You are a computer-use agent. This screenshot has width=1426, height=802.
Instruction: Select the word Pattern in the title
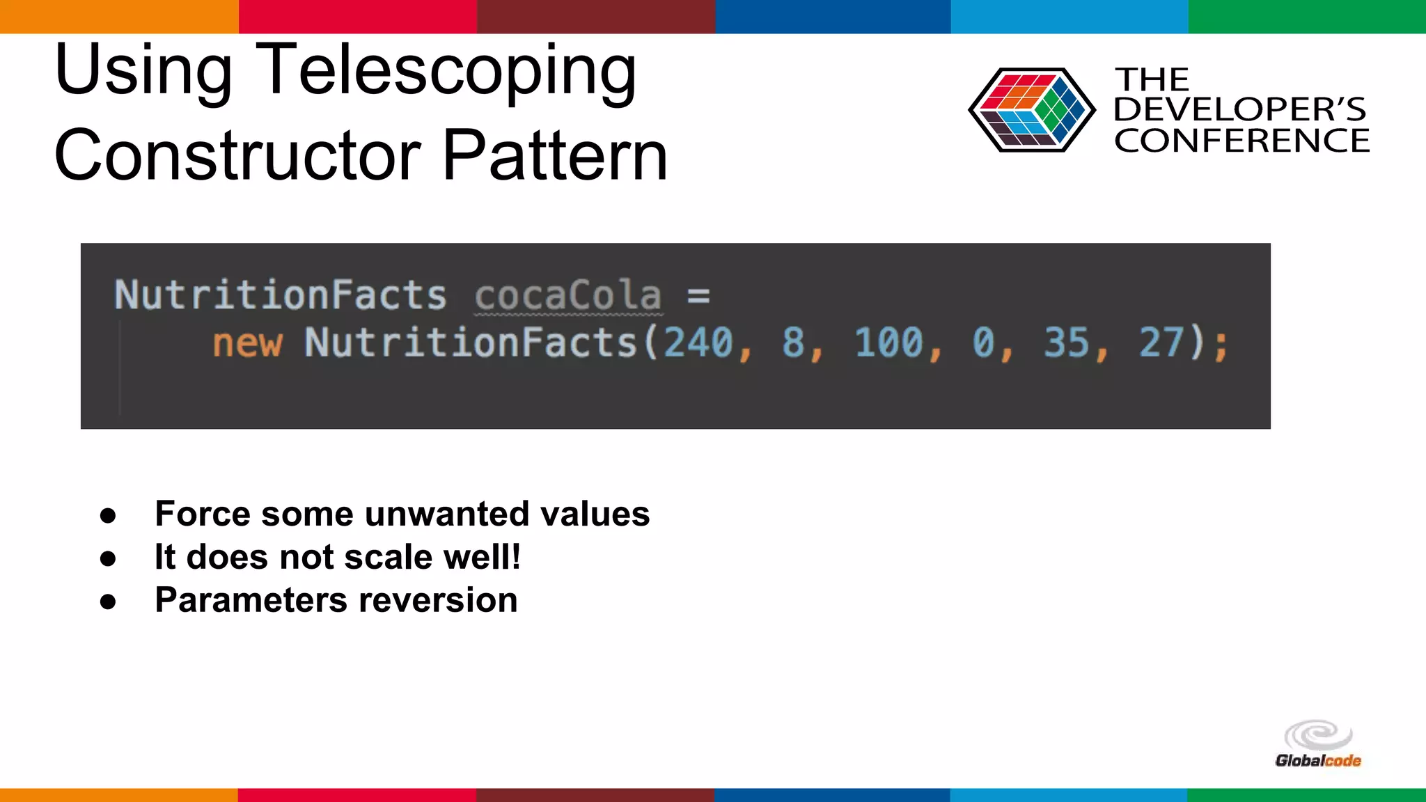(555, 156)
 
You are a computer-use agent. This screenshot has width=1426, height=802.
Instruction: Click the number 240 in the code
(698, 343)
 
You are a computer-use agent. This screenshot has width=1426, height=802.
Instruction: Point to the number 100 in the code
(888, 343)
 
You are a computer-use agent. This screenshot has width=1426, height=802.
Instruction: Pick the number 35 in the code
(1066, 343)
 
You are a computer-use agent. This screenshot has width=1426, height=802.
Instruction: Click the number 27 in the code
(1161, 343)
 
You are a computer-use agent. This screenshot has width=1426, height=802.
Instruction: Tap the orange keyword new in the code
(247, 344)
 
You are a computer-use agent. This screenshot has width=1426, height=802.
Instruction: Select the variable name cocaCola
(567, 295)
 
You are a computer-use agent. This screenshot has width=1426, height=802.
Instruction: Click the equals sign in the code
(698, 297)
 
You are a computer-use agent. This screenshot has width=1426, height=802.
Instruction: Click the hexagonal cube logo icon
(1031, 110)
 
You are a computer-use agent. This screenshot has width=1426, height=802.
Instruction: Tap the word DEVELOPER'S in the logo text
(1239, 110)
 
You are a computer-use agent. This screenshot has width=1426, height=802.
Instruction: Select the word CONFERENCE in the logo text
(1241, 141)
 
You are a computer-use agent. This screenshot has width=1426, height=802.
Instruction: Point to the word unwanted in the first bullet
(448, 514)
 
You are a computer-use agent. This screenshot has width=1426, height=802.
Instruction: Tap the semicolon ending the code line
(1220, 345)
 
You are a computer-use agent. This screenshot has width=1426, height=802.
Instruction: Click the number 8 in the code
(793, 343)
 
